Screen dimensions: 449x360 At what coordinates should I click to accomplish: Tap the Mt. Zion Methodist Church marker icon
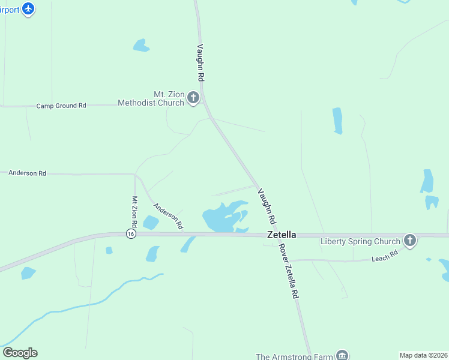(193, 98)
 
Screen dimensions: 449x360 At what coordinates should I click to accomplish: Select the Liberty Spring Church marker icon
(410, 241)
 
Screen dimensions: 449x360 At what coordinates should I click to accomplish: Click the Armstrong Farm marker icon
(342, 356)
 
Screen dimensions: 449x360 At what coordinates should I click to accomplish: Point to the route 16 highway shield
(130, 233)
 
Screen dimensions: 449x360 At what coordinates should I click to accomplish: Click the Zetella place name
(281, 235)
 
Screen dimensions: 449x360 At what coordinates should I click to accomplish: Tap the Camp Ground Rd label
(61, 106)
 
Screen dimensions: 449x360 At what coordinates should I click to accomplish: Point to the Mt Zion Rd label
(135, 212)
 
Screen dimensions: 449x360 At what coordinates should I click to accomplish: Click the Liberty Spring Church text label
(360, 242)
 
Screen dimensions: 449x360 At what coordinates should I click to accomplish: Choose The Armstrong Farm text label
(294, 356)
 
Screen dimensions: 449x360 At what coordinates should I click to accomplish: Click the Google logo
(20, 352)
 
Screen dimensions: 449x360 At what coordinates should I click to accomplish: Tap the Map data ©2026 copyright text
(423, 355)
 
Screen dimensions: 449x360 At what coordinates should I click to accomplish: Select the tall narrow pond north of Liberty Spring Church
(337, 121)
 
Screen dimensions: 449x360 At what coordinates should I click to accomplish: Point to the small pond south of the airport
(141, 46)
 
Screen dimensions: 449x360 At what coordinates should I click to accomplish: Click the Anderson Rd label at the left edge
(27, 173)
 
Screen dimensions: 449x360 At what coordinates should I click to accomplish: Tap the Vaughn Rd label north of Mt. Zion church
(201, 62)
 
